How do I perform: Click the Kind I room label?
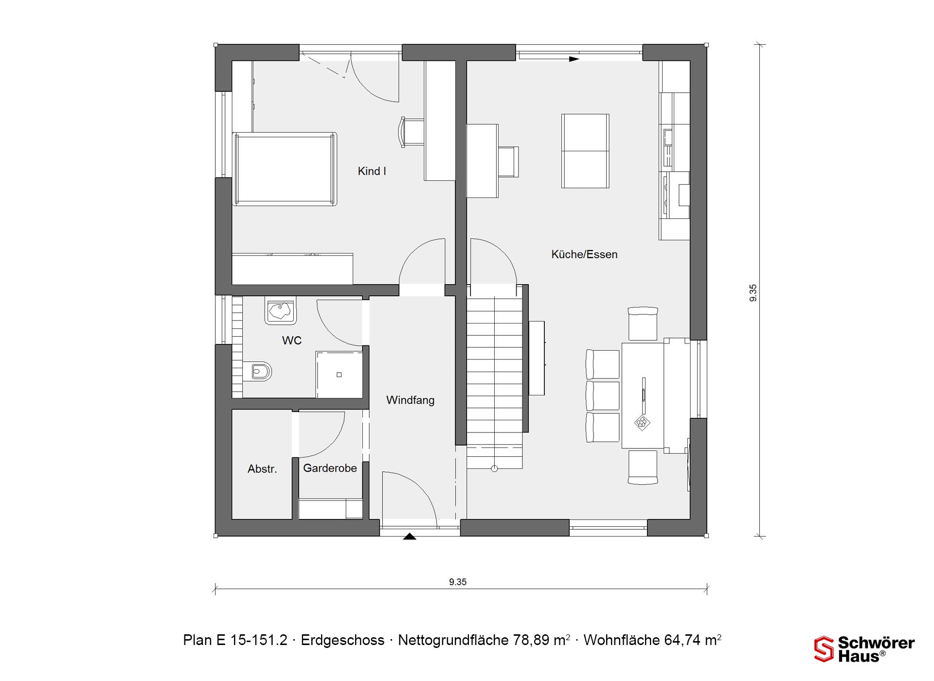click(372, 171)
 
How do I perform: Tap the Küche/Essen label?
click(584, 254)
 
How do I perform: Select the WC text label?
click(292, 340)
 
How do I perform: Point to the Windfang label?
click(410, 400)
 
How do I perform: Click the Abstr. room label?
click(262, 469)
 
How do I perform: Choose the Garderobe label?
click(330, 468)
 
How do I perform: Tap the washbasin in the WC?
click(280, 310)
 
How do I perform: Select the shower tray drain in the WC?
click(339, 375)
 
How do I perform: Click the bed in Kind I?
click(285, 169)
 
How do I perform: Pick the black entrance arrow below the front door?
click(410, 537)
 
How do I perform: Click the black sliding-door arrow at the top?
click(575, 59)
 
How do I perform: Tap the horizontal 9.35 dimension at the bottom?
click(458, 582)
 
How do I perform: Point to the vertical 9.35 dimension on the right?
click(753, 293)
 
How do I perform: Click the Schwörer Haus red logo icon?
click(824, 649)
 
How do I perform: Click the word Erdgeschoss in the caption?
click(342, 640)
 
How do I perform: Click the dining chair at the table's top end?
click(643, 323)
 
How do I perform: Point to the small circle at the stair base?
click(494, 469)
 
